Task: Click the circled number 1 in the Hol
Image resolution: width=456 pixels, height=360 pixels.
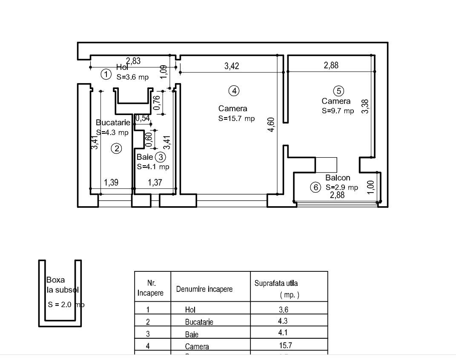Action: pos(106,75)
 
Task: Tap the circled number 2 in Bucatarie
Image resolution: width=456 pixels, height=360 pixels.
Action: pos(116,148)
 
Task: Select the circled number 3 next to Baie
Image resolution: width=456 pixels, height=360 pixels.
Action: pos(160,157)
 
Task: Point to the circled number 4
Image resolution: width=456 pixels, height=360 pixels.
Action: pos(233,90)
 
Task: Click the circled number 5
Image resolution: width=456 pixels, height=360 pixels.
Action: pos(338,90)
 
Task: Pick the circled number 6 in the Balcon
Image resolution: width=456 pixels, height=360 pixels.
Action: pos(315,187)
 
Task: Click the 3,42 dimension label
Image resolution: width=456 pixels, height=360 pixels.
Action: pos(232,66)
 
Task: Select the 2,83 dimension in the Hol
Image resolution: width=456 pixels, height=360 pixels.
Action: pos(133,61)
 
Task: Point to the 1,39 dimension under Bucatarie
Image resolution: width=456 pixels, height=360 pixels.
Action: pos(112,182)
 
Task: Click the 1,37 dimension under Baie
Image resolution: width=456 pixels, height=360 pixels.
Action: pos(155,182)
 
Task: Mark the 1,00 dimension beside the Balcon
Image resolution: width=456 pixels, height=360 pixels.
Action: pos(370,187)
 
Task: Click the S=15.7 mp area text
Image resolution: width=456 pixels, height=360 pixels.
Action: pos(237,118)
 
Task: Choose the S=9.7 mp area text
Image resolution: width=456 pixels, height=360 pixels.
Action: pos(338,111)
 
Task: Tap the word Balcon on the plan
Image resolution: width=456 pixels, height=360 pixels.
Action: pos(338,178)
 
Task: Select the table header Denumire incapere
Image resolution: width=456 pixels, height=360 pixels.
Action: pos(204,289)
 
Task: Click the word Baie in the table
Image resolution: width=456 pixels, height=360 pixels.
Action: pos(192,334)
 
